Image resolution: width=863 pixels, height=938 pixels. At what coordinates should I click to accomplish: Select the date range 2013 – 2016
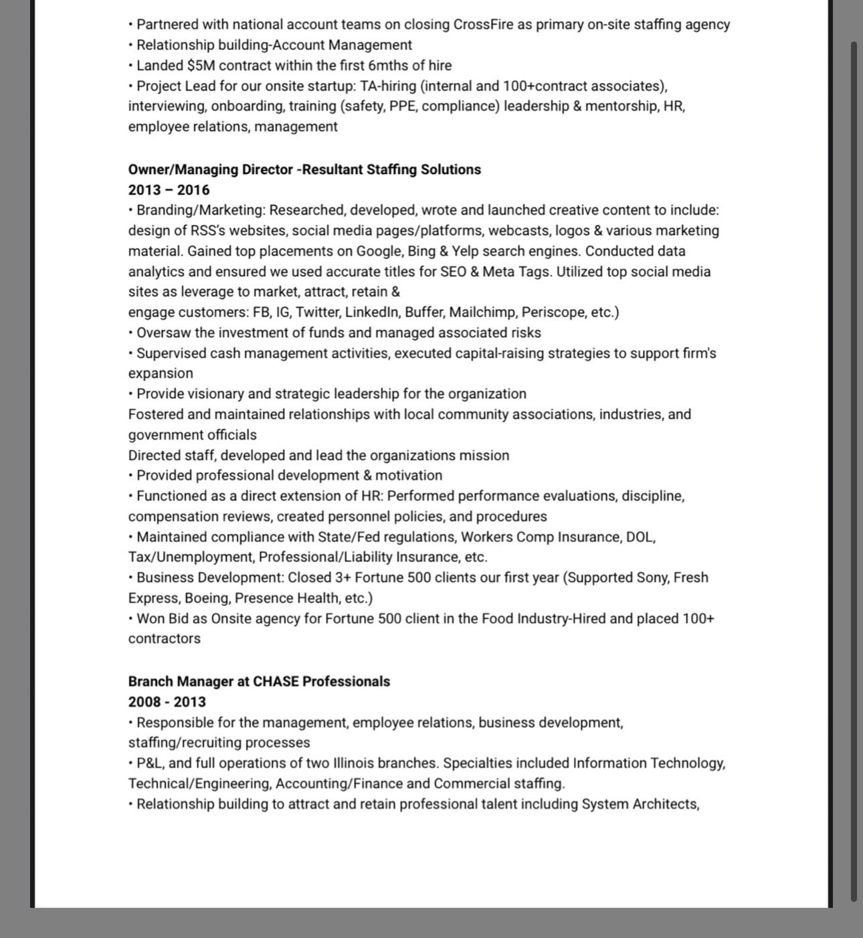(169, 190)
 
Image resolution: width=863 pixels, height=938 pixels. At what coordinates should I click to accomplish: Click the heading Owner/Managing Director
(210, 169)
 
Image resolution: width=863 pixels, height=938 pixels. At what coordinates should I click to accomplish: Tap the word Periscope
(552, 312)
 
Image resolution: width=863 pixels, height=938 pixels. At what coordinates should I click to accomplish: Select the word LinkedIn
(372, 312)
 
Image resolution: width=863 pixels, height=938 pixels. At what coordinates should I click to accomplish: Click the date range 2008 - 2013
(167, 702)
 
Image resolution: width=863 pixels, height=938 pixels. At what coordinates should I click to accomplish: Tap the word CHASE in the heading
(276, 682)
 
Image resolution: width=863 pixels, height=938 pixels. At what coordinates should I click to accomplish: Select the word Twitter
(317, 312)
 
